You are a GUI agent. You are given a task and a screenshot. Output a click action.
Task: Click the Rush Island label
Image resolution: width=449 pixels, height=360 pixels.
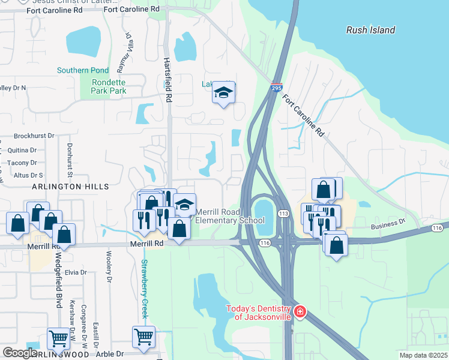click(x=371, y=30)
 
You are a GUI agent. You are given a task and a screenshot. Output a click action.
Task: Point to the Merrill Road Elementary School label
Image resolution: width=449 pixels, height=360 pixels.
click(x=231, y=216)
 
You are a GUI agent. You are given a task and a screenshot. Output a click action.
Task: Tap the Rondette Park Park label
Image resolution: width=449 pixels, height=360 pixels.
click(x=109, y=86)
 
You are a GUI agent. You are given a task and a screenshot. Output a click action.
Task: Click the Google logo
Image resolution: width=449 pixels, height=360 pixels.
click(x=20, y=353)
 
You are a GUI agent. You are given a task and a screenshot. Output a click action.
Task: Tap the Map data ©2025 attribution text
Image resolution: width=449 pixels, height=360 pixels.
click(x=424, y=355)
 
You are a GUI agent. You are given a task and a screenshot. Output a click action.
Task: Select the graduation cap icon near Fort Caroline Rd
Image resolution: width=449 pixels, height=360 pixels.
click(x=223, y=93)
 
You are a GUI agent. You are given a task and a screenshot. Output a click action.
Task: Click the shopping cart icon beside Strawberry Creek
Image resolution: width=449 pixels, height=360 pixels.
click(x=144, y=337)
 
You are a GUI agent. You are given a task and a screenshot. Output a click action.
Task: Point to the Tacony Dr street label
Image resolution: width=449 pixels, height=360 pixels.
click(x=22, y=163)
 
